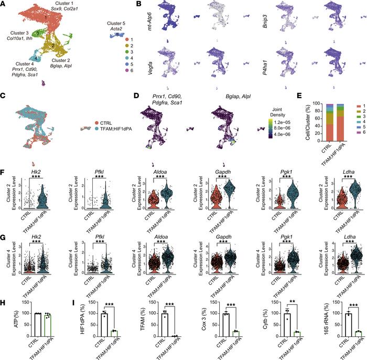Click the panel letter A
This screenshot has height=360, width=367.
(4, 4)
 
